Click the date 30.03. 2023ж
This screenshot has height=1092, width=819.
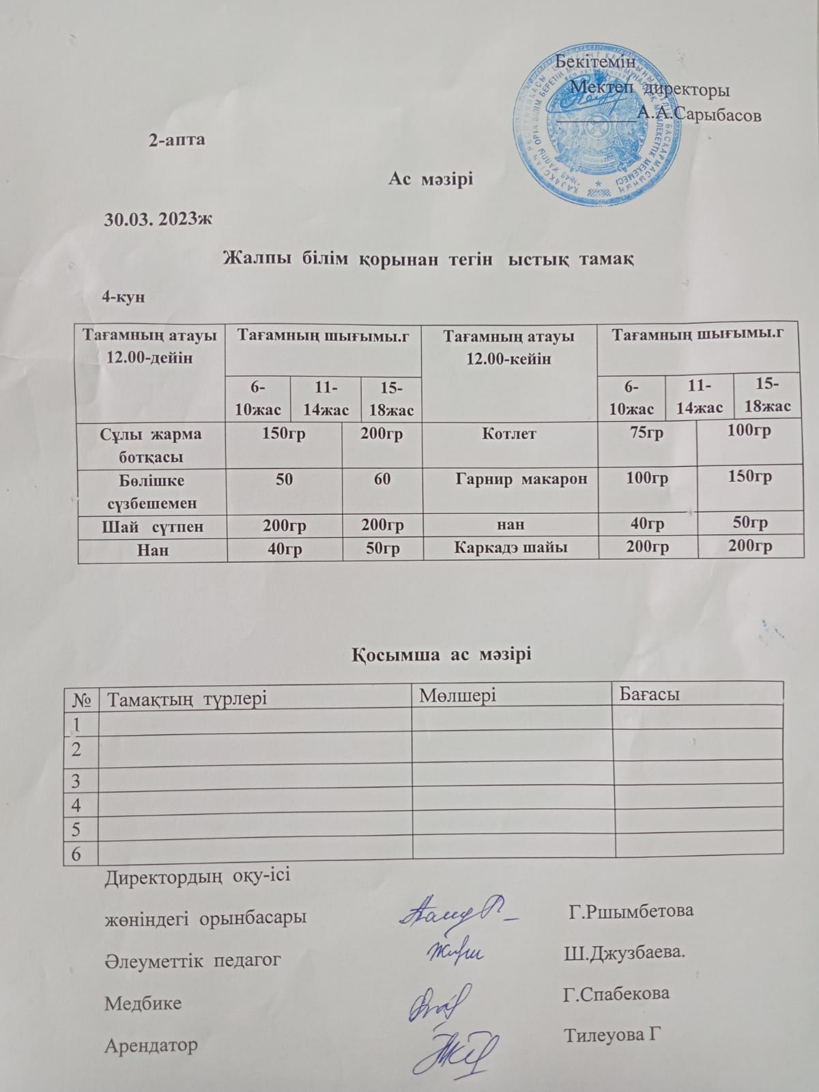[158, 219]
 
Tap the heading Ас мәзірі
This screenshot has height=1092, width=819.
[431, 179]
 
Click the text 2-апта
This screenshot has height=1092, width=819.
[177, 140]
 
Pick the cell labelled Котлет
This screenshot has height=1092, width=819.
[509, 433]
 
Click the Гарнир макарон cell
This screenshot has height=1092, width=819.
[521, 478]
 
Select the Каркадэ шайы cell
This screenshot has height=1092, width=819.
[509, 546]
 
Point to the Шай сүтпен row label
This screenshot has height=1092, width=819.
[152, 526]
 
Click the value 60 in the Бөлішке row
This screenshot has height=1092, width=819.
[382, 479]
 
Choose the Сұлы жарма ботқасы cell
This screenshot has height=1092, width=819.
[152, 444]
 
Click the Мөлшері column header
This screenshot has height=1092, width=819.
[457, 695]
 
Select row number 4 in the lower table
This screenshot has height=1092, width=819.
[76, 805]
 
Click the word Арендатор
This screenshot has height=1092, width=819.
[150, 1044]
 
